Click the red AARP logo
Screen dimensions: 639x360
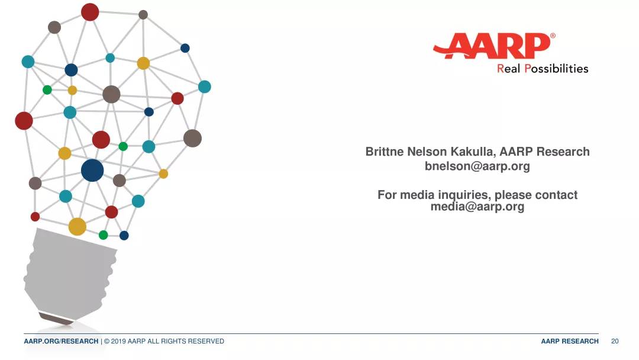click(493, 46)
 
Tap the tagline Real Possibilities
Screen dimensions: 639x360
click(543, 69)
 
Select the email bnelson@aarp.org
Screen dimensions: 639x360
click(477, 166)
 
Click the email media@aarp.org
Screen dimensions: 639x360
click(477, 206)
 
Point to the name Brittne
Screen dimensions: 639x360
click(385, 152)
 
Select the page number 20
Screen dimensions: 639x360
click(615, 341)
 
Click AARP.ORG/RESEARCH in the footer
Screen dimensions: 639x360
click(61, 341)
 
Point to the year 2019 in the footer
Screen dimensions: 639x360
click(118, 341)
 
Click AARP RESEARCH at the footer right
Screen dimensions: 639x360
click(570, 341)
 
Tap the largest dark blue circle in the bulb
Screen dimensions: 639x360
click(92, 171)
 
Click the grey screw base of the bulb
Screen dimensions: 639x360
click(70, 273)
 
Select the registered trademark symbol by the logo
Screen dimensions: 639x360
click(553, 36)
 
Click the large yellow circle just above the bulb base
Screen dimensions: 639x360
click(78, 227)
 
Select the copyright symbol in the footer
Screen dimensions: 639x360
click(106, 341)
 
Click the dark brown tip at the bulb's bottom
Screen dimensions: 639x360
click(56, 319)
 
